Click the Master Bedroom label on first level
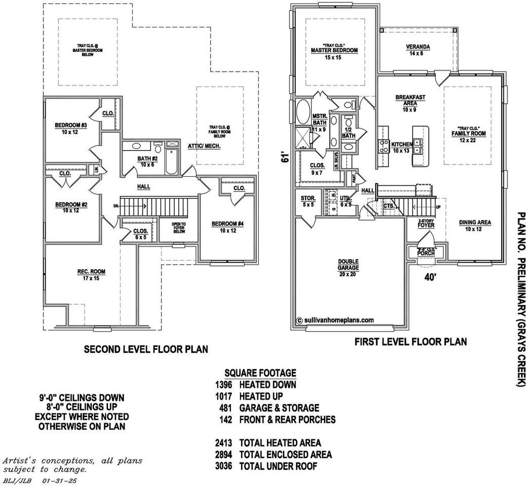(x=334, y=51)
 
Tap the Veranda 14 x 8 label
(x=418, y=50)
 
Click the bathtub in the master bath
(x=303, y=112)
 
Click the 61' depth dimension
(x=286, y=158)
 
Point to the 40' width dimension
(x=430, y=277)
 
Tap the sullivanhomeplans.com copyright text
(x=335, y=320)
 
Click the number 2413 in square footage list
(x=223, y=443)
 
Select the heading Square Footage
(x=260, y=373)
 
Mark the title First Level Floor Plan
(x=411, y=342)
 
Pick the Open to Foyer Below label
(x=179, y=228)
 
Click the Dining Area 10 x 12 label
(x=475, y=226)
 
